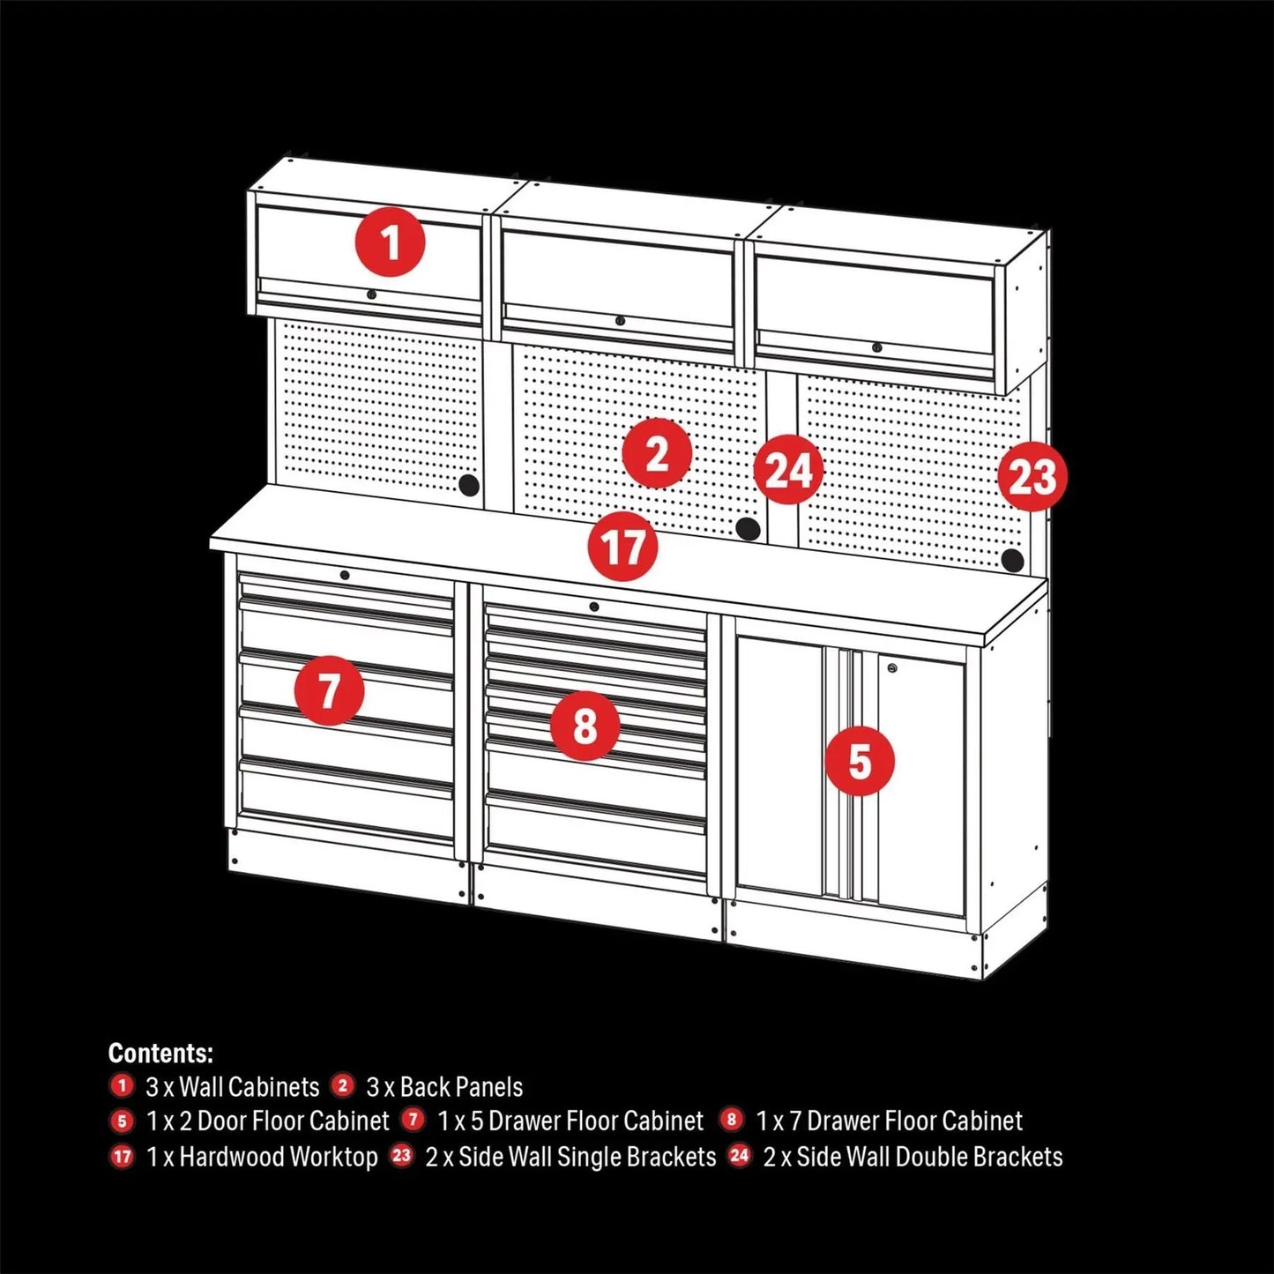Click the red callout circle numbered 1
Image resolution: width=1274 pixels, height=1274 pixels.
coord(391,242)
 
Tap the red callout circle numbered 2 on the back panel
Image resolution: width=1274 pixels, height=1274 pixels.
coord(656,454)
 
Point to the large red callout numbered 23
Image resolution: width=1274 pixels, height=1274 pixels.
coord(1032,477)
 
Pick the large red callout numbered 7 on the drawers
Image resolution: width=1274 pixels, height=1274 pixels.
coord(329,689)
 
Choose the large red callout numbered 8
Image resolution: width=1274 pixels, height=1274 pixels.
coord(585,726)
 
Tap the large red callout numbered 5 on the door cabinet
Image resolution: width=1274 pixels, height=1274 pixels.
coord(860,761)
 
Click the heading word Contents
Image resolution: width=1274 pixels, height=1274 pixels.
coord(160,1053)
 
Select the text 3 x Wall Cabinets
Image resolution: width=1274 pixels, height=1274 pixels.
coord(232,1086)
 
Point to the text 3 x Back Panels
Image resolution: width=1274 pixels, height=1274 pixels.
coord(444,1086)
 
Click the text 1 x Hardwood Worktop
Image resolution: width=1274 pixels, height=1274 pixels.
coord(262,1157)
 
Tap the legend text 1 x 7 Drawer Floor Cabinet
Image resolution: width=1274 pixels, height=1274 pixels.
coord(889,1121)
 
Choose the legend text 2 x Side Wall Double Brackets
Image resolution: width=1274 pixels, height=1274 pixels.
coord(913,1157)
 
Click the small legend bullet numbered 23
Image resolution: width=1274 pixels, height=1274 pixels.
coord(402,1156)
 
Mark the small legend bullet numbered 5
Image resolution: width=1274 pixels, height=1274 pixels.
coord(122,1121)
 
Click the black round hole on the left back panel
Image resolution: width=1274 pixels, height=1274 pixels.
coord(469,484)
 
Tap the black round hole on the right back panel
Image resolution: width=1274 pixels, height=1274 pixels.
coord(1013,560)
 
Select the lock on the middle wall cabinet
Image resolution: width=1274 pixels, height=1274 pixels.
coord(621,321)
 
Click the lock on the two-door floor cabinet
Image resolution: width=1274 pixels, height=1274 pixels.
coord(893,669)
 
